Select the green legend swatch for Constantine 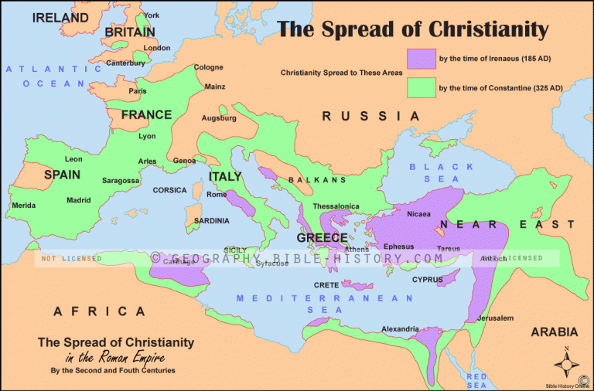tap(420, 88)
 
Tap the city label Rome tap(217, 194)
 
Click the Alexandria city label tap(401, 328)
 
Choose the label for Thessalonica tap(336, 206)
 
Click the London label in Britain tap(157, 48)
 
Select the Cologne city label tap(208, 67)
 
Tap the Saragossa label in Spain tap(121, 180)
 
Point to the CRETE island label tap(326, 285)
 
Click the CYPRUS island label tap(427, 279)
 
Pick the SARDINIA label tap(211, 220)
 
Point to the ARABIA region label tap(553, 331)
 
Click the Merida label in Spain tap(23, 206)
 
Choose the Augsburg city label tap(219, 118)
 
